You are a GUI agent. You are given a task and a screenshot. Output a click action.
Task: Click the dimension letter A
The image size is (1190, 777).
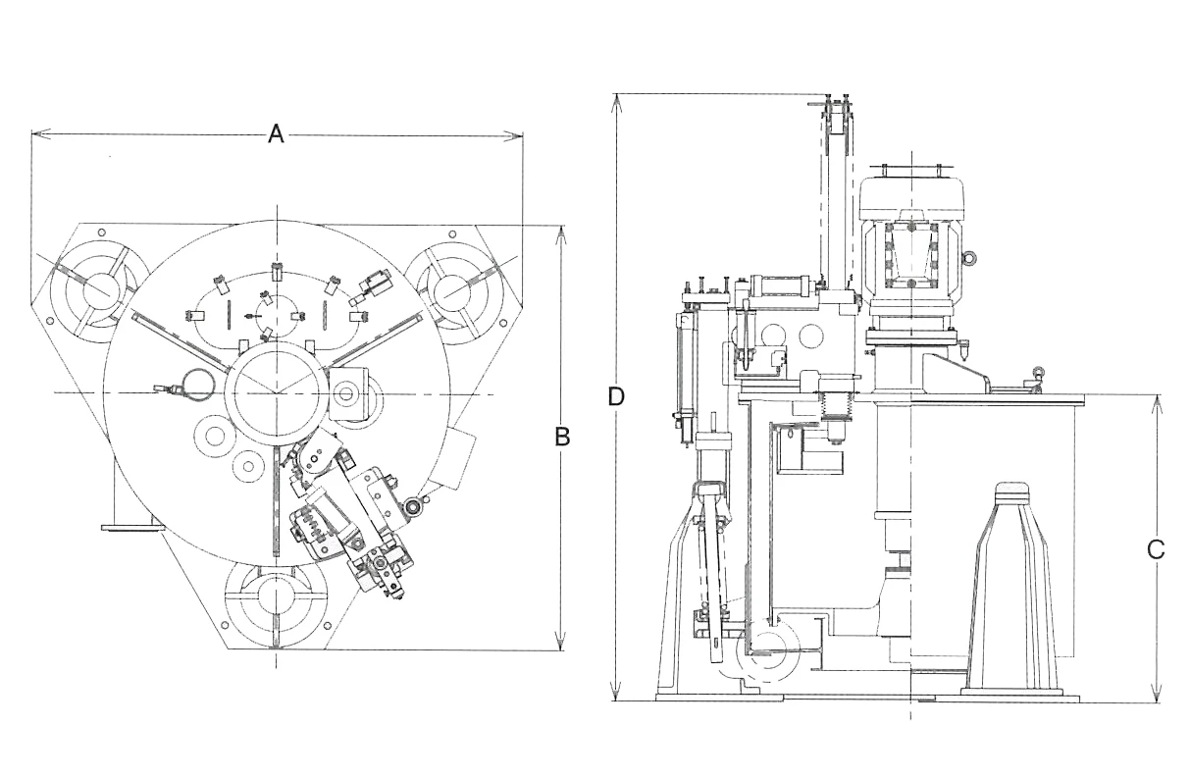[x=276, y=133]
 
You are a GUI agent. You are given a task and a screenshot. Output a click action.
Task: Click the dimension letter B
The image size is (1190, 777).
[x=562, y=438]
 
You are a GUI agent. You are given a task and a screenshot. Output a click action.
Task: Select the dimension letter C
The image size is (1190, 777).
[x=1156, y=550]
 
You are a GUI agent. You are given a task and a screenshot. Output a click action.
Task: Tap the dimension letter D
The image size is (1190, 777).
[x=616, y=396]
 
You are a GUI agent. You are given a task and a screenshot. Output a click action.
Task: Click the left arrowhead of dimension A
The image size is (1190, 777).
[x=41, y=133]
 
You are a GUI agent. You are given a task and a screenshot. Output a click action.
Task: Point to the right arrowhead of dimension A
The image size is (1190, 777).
[x=513, y=136]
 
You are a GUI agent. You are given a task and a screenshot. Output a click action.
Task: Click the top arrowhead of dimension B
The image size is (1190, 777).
[x=560, y=235]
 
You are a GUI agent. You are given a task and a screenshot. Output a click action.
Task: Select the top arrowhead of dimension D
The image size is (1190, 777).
[x=616, y=105]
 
